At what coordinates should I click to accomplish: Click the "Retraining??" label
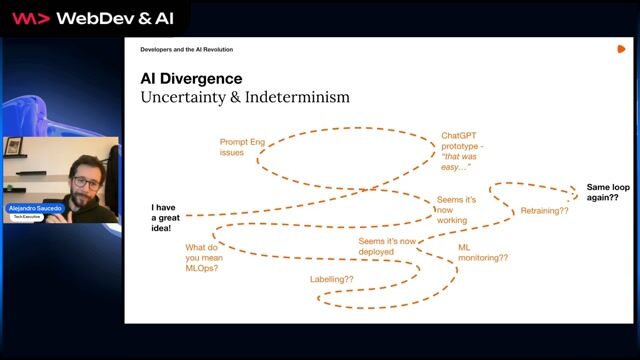coord(544,211)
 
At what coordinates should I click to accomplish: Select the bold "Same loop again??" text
coord(602,192)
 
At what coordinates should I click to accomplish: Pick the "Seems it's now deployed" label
coord(387,247)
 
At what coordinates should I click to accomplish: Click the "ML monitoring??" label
coord(482,252)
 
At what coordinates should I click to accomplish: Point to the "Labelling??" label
coord(332,279)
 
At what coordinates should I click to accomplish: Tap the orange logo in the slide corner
coord(621,48)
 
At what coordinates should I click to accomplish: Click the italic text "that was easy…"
coord(456,167)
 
